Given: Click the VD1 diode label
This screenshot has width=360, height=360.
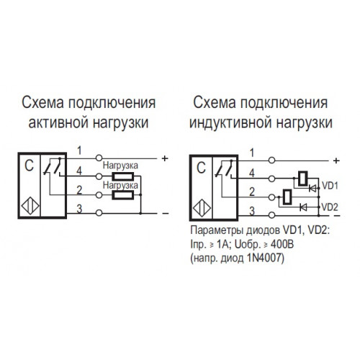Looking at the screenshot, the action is (x=330, y=186).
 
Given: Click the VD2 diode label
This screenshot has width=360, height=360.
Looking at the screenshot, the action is (x=330, y=207).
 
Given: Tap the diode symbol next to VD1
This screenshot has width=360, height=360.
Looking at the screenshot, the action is (x=312, y=189).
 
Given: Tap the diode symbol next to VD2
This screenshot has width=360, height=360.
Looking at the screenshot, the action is (x=304, y=207).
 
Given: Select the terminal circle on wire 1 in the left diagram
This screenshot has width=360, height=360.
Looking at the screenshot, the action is (x=99, y=158).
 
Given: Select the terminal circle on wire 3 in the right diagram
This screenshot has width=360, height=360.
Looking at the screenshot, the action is (x=271, y=215).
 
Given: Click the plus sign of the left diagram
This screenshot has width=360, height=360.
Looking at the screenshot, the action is (x=165, y=158).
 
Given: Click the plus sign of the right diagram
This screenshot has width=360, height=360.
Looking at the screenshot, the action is (x=336, y=161).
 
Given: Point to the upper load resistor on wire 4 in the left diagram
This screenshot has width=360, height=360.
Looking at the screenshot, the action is (x=123, y=176).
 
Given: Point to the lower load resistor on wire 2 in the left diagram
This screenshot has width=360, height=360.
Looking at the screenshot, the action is (x=123, y=195).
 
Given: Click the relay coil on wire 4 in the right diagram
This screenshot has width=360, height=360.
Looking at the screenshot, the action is (x=303, y=179).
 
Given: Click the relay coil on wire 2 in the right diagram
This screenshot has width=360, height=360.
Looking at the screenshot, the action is (x=287, y=197).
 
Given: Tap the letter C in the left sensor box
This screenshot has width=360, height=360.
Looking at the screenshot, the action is (x=30, y=166).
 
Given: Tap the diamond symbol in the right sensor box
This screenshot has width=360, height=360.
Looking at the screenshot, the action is (x=202, y=208).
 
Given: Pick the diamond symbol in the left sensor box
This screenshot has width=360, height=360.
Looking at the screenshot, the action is (x=30, y=206).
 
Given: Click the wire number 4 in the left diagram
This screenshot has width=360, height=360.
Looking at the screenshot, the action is (x=79, y=171).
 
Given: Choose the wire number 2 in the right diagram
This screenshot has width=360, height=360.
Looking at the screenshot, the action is (x=252, y=192).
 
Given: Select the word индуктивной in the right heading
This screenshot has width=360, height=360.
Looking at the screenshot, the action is (x=230, y=123).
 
